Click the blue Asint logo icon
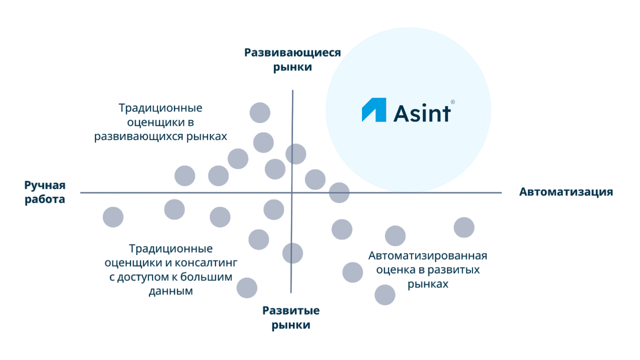374,110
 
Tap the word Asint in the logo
421,113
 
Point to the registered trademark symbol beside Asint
452,102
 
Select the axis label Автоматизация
566,192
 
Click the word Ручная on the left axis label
45,186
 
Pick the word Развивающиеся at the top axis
292,53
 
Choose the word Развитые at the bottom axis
291,311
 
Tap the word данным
170,291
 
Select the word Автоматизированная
427,256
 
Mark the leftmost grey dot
113,217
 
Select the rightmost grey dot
464,227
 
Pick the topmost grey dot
260,112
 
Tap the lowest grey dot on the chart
385,294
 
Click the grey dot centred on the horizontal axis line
339,192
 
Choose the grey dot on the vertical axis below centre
292,253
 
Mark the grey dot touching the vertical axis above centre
295,154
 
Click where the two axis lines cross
292,192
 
